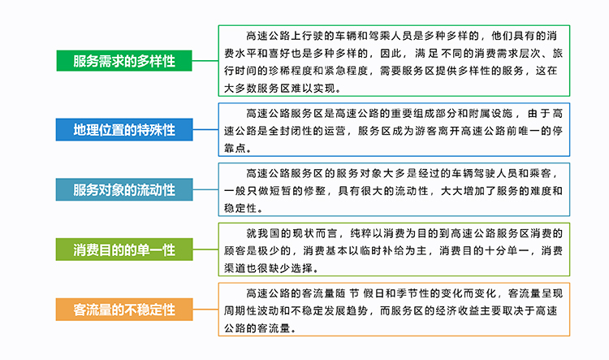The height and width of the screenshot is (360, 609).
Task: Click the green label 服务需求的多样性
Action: [124, 61]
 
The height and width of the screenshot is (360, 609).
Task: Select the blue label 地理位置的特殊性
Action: [124, 129]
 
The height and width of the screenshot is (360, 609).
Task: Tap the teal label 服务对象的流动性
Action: [124, 189]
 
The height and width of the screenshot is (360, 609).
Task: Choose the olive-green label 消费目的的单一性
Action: [124, 249]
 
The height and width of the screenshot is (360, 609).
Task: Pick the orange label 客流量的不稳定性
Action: [124, 310]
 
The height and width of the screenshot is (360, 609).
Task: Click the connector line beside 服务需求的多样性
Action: [205, 61]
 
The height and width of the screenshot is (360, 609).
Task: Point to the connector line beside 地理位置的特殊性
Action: [205, 129]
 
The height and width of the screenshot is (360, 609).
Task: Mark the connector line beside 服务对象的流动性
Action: [205, 189]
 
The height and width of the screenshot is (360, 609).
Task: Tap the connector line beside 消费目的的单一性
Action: [205, 249]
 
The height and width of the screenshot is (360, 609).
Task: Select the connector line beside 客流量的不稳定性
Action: [205, 310]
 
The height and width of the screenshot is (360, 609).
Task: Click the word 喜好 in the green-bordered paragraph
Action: [279, 54]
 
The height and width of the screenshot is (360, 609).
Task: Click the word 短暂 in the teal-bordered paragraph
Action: [280, 191]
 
